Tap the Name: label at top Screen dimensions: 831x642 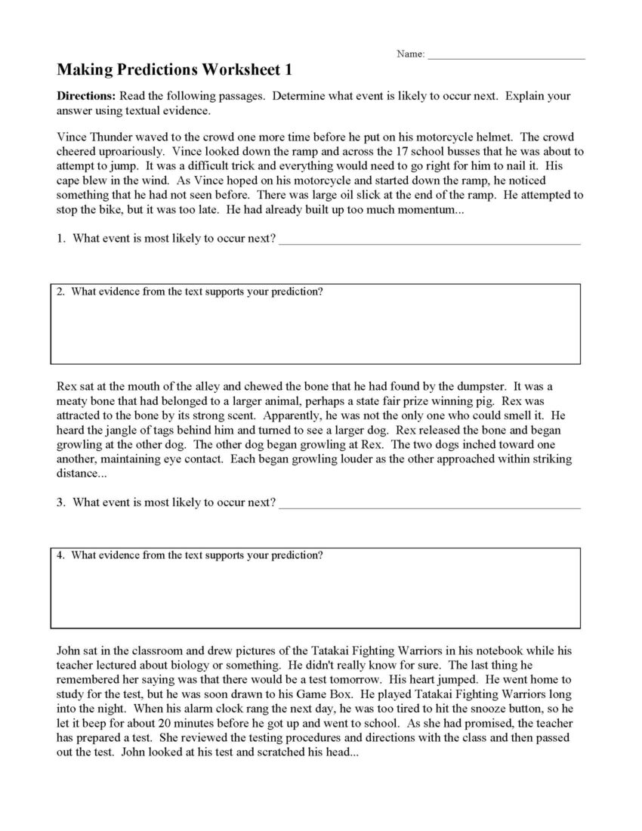pyautogui.click(x=410, y=54)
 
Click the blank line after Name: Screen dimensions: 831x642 pyautogui.click(x=506, y=56)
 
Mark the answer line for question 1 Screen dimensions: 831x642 pyautogui.click(x=430, y=242)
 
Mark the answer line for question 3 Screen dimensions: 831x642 pyautogui.click(x=430, y=505)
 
